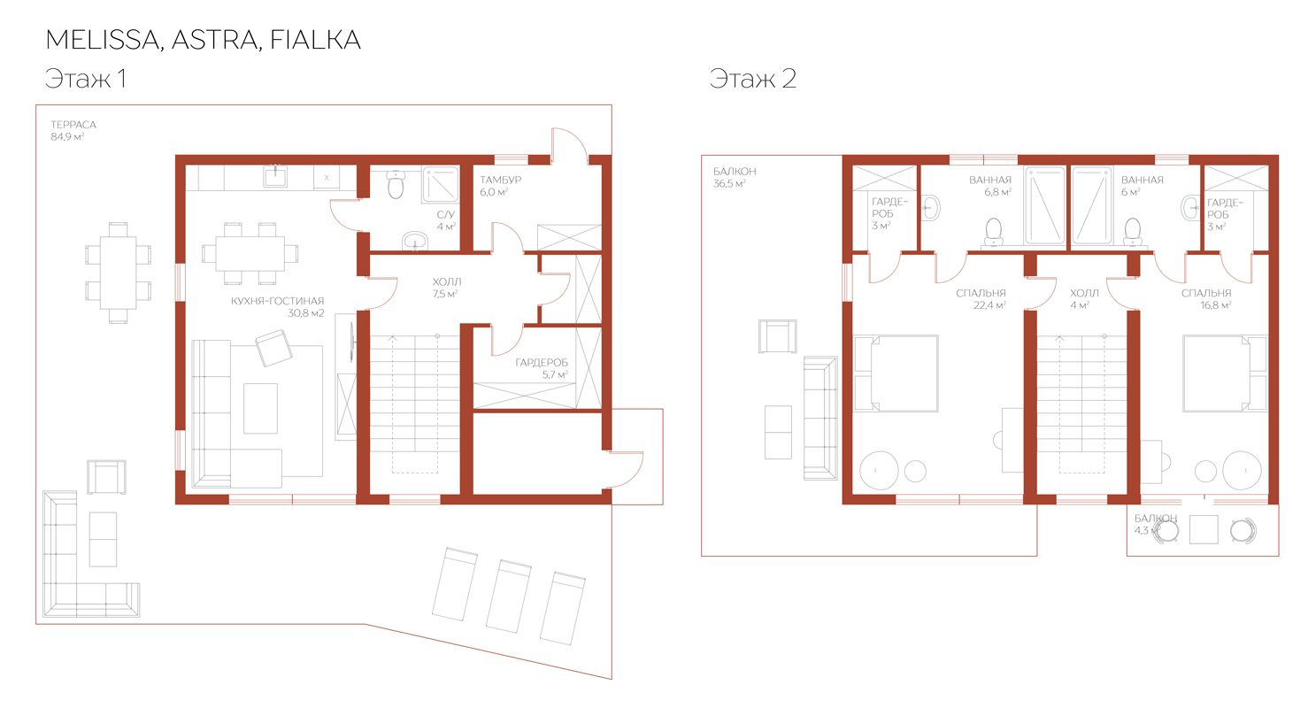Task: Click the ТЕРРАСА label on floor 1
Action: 73,125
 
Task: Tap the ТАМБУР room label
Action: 500,180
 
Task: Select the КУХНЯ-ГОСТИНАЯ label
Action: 277,301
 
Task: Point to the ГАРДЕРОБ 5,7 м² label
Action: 542,369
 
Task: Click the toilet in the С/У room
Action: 396,185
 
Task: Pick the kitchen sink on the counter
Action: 275,175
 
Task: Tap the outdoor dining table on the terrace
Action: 118,273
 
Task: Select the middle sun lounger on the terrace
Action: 509,596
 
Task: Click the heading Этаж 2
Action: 753,78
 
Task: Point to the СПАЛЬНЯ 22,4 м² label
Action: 981,298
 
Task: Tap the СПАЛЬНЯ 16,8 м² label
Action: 1206,298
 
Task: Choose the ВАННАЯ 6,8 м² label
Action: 990,186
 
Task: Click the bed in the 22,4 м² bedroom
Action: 896,373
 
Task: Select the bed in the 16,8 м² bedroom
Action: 1225,373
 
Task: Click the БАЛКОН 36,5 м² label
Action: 735,177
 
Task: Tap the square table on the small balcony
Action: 1204,530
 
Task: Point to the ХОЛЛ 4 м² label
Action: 1084,298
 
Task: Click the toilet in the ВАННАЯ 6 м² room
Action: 1133,232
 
